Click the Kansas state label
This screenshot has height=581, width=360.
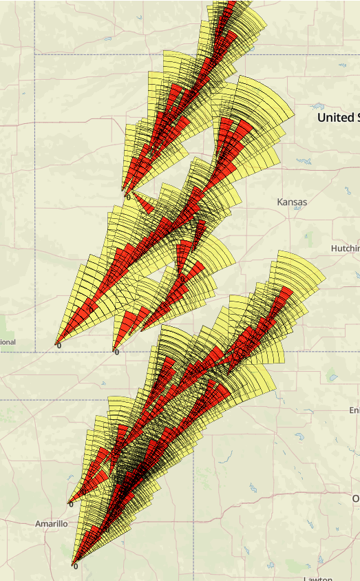(x=292, y=202)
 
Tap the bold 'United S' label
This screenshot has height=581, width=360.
(x=338, y=118)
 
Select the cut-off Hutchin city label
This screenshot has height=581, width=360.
(x=345, y=248)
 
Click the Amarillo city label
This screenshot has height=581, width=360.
(x=52, y=524)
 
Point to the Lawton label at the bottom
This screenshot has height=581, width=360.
(x=317, y=578)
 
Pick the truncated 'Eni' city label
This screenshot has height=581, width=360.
(x=353, y=410)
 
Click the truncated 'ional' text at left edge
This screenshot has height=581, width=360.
(x=8, y=342)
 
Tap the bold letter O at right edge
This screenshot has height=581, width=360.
(x=355, y=498)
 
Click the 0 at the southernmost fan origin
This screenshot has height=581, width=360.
(x=75, y=567)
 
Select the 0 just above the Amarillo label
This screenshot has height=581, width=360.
(x=70, y=505)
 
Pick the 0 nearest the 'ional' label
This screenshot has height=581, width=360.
(x=59, y=346)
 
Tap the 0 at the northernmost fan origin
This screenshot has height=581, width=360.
(x=127, y=197)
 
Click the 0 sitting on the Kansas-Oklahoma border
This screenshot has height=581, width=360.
(x=116, y=352)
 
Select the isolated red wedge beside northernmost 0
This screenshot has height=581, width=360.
(x=143, y=203)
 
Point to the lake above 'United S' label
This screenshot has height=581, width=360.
(x=318, y=105)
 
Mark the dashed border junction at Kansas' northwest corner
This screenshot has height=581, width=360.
(x=35, y=54)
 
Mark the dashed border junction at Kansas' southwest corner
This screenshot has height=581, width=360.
(x=35, y=352)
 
